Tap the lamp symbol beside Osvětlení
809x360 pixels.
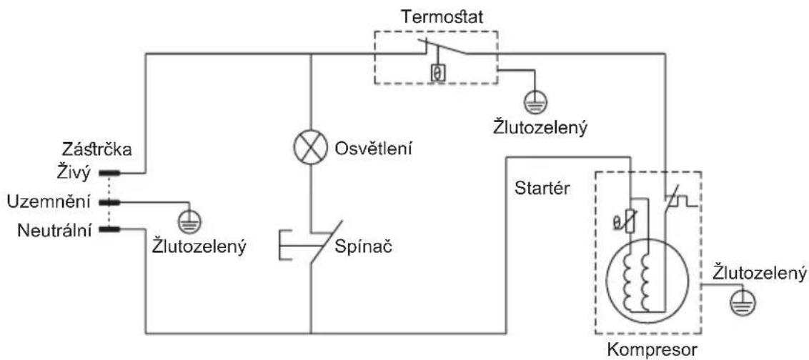311,148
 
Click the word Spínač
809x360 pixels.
364,246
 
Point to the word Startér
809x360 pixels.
542,189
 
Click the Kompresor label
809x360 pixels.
653,351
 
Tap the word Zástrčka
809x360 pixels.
96,149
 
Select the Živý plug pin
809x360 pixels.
109,173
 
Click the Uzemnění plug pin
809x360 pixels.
109,201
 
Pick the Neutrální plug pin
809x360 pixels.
109,229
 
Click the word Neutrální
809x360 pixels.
55,230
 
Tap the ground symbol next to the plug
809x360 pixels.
189,221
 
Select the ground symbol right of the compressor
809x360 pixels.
744,304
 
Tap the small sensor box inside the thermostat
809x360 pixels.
437,74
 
